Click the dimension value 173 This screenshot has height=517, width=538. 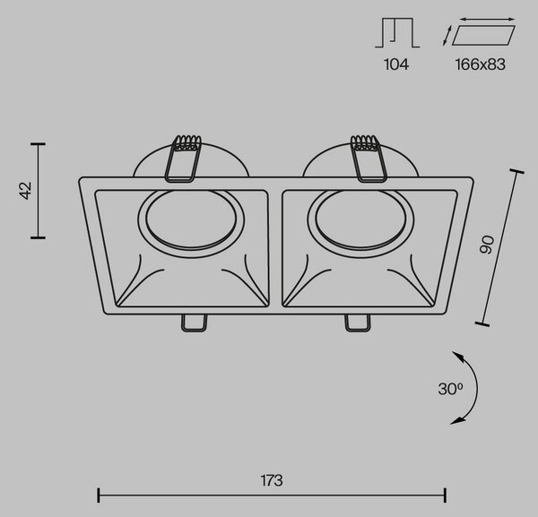click(x=272, y=480)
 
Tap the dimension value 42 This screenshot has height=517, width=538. click(x=25, y=190)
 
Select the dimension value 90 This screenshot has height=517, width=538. click(x=487, y=245)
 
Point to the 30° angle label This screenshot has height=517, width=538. click(x=450, y=389)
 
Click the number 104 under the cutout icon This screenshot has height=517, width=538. click(x=396, y=65)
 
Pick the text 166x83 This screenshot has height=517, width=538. click(x=481, y=65)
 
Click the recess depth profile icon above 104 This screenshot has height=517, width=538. click(x=397, y=32)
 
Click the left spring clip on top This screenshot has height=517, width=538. click(x=184, y=159)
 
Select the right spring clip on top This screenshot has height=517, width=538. click(x=369, y=159)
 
